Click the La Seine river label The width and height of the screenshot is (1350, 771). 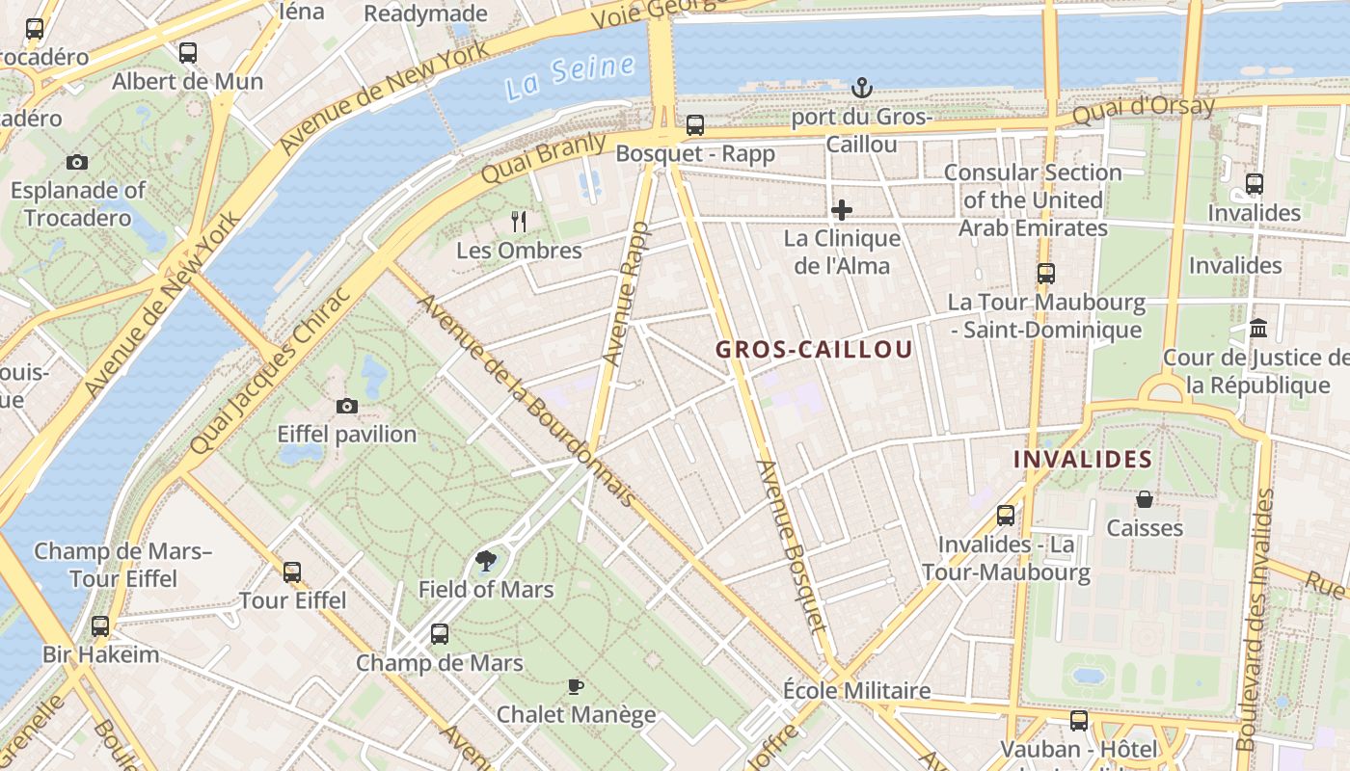571,77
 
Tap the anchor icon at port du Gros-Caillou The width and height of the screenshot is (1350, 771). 861,89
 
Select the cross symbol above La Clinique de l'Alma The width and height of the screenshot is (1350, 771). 842,209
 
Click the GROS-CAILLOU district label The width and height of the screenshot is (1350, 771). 814,350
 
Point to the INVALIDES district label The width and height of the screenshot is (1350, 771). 1083,460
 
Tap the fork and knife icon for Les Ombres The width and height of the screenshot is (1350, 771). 519,222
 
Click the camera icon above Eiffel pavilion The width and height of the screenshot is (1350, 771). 347,406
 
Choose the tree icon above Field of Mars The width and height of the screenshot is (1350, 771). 486,561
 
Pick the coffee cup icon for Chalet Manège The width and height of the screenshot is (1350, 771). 576,686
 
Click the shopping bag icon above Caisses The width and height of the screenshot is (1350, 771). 1145,499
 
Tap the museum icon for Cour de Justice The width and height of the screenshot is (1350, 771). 1258,329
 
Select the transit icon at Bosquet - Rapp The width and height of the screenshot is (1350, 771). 694,125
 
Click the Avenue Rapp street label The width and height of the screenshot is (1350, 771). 626,294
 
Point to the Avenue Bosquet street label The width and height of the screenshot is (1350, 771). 793,545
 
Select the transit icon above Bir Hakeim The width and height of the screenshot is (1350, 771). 100,626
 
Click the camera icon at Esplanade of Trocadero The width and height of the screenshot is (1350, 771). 77,162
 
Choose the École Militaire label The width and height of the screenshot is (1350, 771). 856,691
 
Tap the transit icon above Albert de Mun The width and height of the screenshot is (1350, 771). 188,53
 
